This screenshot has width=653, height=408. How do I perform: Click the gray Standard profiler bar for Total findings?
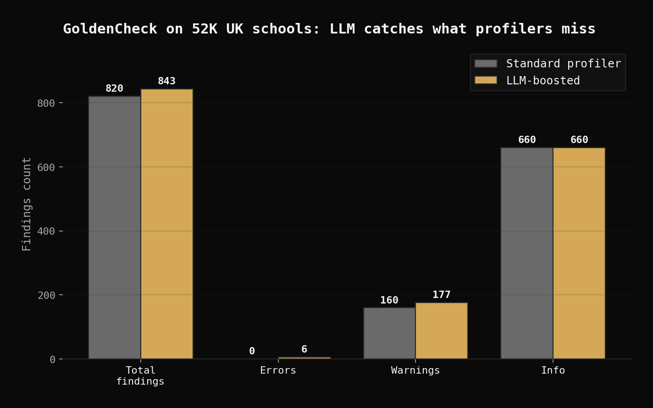[115, 227]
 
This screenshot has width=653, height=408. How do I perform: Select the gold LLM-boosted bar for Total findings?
[167, 224]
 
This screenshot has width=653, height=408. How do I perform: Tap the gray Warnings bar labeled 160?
[389, 333]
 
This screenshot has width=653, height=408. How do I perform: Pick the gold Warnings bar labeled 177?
[442, 331]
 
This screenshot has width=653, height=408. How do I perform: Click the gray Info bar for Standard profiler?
[527, 253]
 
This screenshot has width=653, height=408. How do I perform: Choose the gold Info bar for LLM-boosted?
[579, 253]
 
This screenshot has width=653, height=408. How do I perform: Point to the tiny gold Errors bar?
[304, 358]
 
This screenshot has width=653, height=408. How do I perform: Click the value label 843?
[167, 81]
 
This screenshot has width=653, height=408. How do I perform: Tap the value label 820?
[115, 88]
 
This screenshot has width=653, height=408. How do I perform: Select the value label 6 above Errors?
[304, 349]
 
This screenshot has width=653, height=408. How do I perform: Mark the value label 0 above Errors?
[252, 351]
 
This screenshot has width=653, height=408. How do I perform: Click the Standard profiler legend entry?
[548, 64]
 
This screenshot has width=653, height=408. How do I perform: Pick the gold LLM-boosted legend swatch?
[486, 80]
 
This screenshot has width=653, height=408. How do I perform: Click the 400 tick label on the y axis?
[46, 232]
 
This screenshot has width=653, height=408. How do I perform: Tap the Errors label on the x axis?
[278, 370]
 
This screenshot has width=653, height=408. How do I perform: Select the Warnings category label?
[415, 370]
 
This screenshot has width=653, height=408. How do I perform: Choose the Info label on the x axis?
[553, 370]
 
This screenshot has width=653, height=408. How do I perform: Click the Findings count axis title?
[27, 204]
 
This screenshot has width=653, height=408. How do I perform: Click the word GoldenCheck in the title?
[110, 29]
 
